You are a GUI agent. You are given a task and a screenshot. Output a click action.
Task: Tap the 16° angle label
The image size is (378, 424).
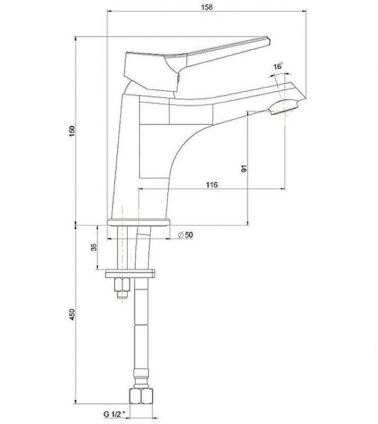pyautogui.click(x=277, y=67)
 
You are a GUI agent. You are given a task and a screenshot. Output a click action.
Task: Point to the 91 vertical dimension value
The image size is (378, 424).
pyautogui.click(x=244, y=168)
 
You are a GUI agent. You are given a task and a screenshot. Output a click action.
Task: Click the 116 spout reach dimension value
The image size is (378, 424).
pyautogui.click(x=212, y=185)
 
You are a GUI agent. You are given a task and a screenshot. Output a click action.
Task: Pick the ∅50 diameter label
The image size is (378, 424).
pyautogui.click(x=185, y=235)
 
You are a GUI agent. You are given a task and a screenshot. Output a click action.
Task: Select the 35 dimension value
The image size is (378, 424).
pyautogui.click(x=94, y=246)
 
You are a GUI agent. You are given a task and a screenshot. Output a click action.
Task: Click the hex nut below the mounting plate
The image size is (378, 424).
pyautogui.click(x=121, y=288)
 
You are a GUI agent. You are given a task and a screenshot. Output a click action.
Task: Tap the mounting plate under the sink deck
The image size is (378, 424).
pyautogui.click(x=131, y=274)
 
